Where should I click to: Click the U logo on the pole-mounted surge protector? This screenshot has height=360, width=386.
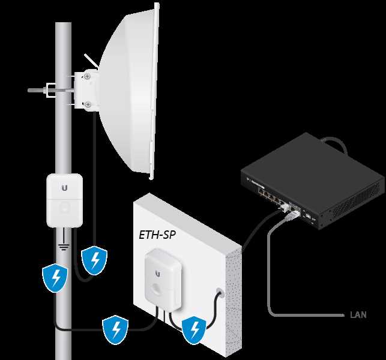click(x=64, y=188)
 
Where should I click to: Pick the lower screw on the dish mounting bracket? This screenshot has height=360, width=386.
click(x=89, y=106)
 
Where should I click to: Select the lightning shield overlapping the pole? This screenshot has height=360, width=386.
click(x=55, y=278)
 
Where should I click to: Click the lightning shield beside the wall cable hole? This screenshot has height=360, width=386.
click(x=193, y=328)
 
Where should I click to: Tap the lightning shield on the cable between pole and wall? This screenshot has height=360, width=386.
click(x=115, y=328)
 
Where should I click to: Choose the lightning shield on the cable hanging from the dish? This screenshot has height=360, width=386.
click(x=94, y=259)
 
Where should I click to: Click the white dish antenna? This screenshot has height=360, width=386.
click(x=130, y=90)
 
